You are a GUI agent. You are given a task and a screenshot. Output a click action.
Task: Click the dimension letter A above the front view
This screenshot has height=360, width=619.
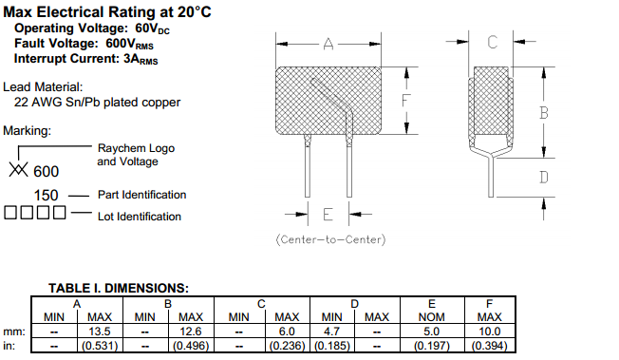[328, 44]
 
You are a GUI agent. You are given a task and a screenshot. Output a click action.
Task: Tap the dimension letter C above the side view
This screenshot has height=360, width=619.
[492, 42]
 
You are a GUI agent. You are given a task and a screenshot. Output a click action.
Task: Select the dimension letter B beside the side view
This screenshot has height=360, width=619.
[544, 113]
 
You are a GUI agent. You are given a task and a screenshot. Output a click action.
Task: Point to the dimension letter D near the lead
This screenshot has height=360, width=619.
[544, 178]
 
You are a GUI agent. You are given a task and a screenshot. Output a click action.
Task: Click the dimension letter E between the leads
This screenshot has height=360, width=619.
[328, 215]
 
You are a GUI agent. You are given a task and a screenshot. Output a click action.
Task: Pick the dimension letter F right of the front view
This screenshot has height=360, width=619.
[405, 101]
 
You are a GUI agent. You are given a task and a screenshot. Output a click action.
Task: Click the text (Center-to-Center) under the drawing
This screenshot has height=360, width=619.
[330, 239]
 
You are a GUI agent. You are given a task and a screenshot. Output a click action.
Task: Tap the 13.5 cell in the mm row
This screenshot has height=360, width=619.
[100, 332]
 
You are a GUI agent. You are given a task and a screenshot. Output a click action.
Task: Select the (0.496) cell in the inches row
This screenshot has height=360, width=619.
[191, 346]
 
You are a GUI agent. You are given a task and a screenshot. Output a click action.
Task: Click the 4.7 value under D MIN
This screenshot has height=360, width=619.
[331, 332]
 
